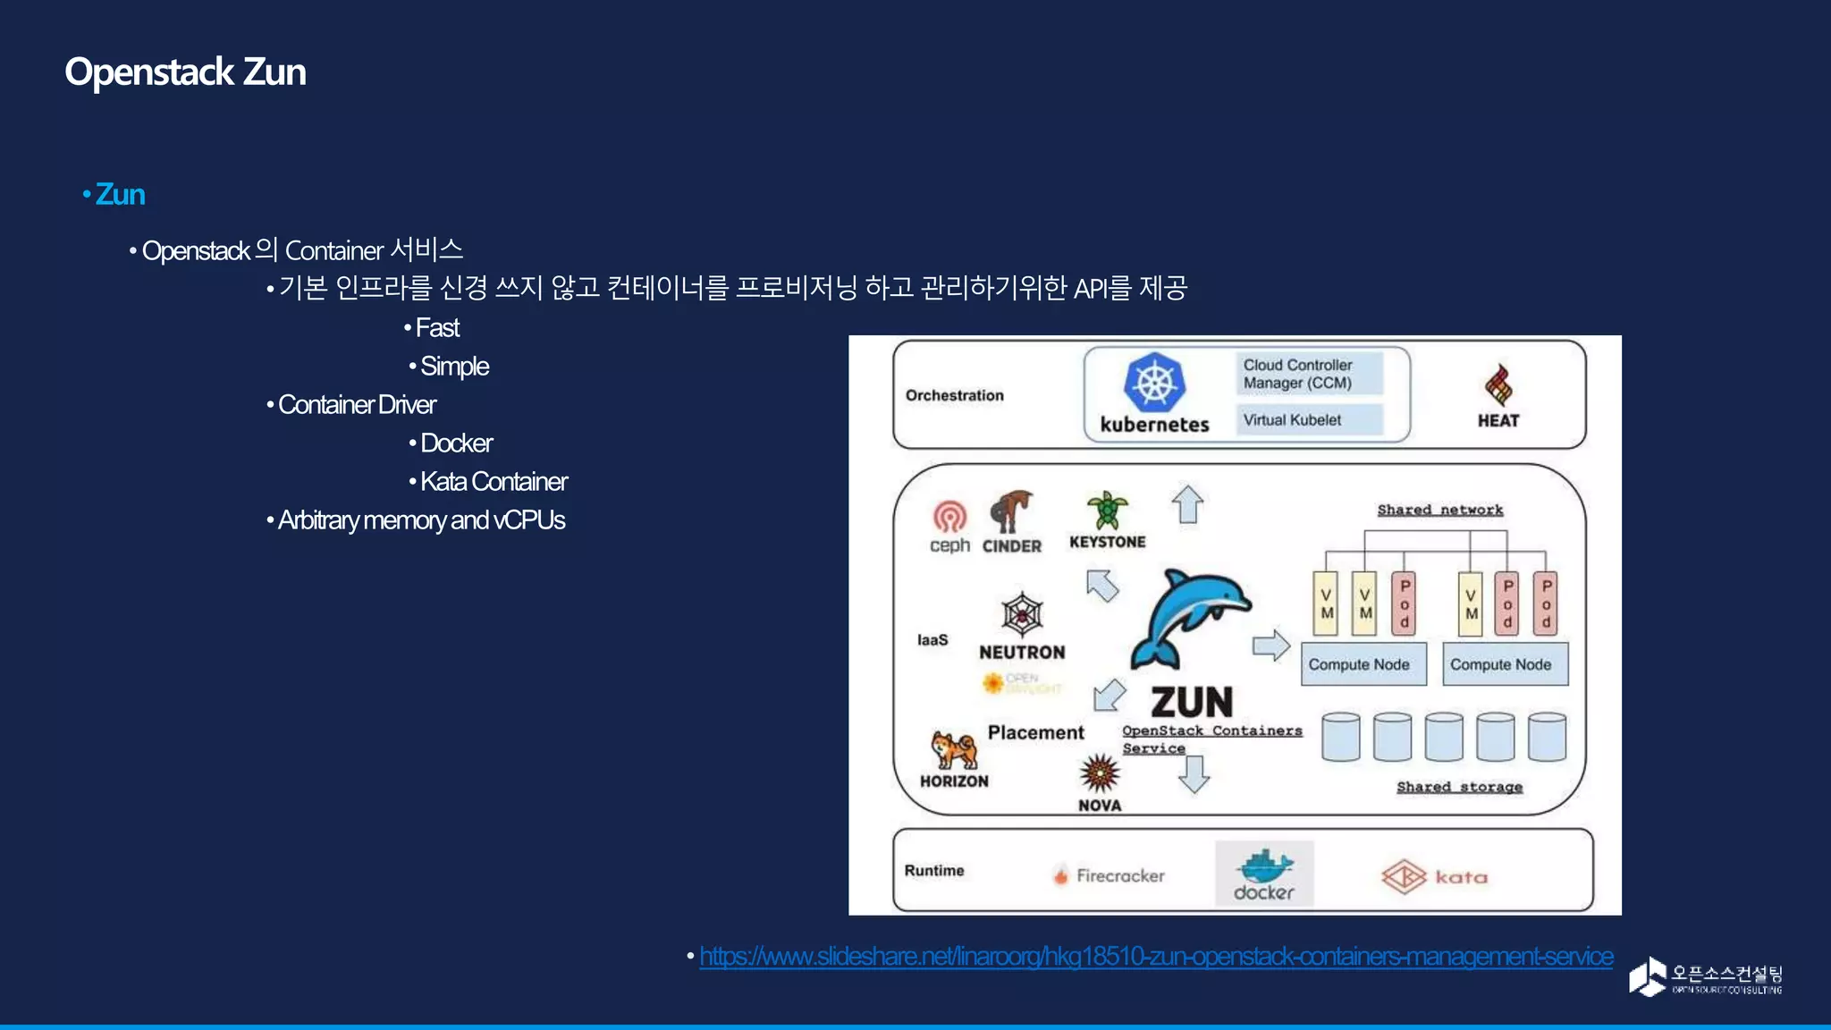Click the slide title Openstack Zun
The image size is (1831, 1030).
pos(185,72)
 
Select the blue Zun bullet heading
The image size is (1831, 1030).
pos(120,194)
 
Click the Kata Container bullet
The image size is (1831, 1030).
pos(494,482)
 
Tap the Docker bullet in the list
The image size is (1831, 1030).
pos(456,443)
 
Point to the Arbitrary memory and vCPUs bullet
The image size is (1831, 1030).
pos(421,520)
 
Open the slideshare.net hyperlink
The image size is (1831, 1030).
pos(1156,957)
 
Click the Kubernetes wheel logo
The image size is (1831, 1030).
pos(1154,384)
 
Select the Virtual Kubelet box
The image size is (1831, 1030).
pos(1309,420)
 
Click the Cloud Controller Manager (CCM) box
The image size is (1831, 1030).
pos(1309,374)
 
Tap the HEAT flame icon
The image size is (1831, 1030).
pos(1498,385)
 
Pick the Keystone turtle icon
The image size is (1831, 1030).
pos(1107,511)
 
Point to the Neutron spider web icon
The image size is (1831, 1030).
pos(1022,614)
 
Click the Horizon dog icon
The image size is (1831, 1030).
pos(953,749)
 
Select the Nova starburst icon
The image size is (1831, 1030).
pos(1099,772)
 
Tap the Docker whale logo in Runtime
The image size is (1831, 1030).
pos(1264,865)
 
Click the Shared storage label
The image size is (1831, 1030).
pos(1459,787)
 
